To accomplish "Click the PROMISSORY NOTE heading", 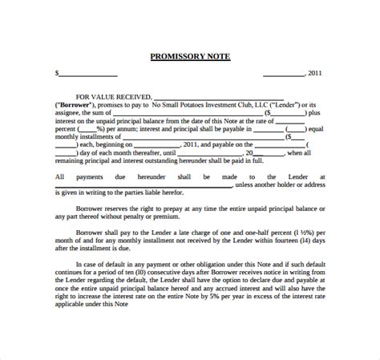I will (x=189, y=56).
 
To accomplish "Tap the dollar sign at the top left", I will (x=57, y=73).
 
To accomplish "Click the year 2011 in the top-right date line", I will (x=316, y=73).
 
